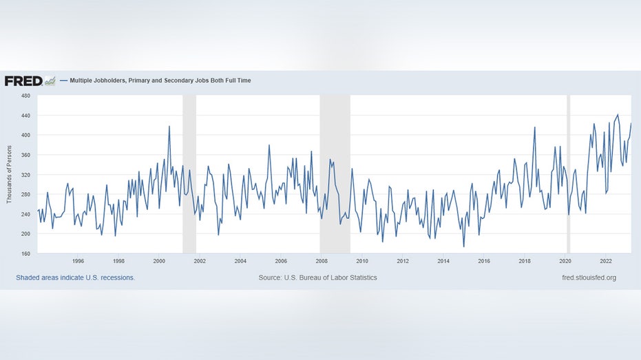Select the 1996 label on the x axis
(78, 262)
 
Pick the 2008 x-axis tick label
(322, 262)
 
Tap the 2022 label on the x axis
(606, 262)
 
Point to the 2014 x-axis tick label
(443, 262)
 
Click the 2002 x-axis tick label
(200, 262)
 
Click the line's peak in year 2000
(169, 127)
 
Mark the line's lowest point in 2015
(463, 246)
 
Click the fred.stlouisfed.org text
(589, 278)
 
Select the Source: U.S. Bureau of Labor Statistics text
(317, 278)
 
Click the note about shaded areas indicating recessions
(75, 278)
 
